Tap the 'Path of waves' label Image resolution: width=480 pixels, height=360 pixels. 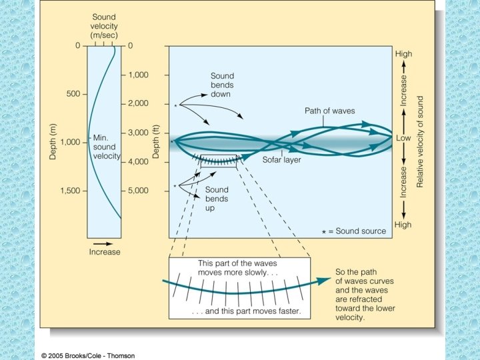(330, 110)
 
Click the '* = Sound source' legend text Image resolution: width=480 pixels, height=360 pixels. (355, 231)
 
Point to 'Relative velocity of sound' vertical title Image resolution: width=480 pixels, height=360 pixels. (420, 141)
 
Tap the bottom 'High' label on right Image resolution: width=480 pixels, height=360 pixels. (403, 225)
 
